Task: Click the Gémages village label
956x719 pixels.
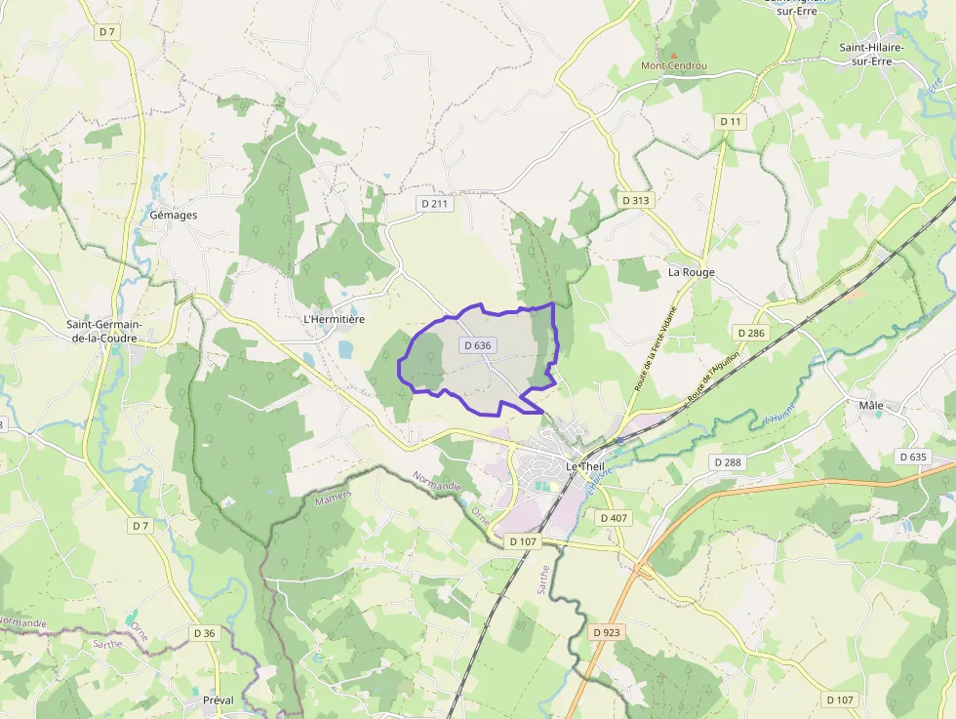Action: coord(174,215)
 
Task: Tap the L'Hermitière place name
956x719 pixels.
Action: coord(334,319)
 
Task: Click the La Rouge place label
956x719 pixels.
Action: coord(691,272)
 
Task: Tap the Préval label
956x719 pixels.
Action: coord(219,700)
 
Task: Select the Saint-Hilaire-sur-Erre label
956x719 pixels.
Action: coord(872,54)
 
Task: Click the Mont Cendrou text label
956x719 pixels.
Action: coord(673,66)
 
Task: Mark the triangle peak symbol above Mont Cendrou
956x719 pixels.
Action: coord(672,55)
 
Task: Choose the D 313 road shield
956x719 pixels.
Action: coord(635,200)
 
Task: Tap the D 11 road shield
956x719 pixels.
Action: coord(731,121)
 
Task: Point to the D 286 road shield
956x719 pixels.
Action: coord(751,333)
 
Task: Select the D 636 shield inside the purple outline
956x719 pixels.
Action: coord(478,345)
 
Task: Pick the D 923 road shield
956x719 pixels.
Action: coord(606,632)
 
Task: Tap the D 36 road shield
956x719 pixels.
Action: coord(204,633)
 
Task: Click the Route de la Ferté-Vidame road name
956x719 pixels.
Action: coord(654,348)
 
